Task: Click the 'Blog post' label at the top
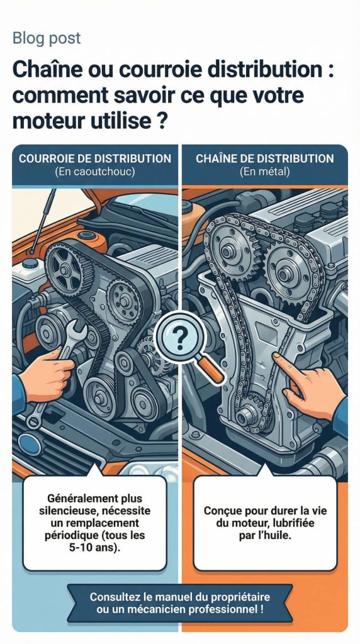click(47, 38)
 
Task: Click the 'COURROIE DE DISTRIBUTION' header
click(95, 158)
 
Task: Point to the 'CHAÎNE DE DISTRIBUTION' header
click(264, 158)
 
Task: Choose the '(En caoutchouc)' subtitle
click(95, 172)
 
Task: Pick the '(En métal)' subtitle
click(264, 172)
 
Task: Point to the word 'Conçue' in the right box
click(223, 511)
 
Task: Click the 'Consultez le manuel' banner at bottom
click(180, 602)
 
